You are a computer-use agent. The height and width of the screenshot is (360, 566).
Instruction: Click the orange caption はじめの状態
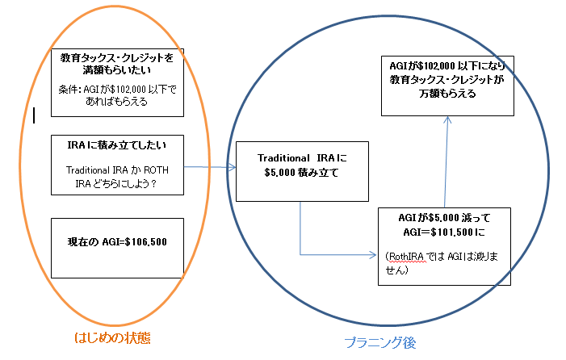(x=112, y=338)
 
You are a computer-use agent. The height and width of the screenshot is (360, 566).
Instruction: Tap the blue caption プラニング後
(x=380, y=342)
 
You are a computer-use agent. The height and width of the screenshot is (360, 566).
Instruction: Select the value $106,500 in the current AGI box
(x=146, y=241)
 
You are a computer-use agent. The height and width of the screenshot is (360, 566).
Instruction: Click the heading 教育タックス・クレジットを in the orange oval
(x=116, y=58)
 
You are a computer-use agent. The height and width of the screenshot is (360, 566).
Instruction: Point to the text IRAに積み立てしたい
(x=117, y=145)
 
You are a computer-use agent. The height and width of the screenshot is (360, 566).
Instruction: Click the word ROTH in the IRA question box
(x=156, y=170)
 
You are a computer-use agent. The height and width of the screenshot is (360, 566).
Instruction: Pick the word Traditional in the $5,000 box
(x=283, y=158)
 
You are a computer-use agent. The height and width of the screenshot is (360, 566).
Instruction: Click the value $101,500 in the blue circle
(x=451, y=232)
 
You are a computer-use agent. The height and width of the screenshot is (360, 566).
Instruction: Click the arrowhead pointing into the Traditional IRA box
(x=232, y=166)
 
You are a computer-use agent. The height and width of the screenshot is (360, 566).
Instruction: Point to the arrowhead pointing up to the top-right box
(x=447, y=120)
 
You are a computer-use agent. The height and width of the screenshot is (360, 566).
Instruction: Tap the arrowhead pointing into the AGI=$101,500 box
(x=372, y=255)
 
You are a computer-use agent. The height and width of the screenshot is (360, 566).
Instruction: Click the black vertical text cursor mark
(x=34, y=115)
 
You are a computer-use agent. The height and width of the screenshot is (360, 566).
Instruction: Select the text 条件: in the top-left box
(x=70, y=89)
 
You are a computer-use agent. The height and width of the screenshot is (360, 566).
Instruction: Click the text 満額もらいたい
(x=116, y=70)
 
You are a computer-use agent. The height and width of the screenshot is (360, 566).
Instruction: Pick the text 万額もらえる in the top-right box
(x=447, y=94)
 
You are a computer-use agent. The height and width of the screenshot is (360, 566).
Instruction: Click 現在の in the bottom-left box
(x=82, y=241)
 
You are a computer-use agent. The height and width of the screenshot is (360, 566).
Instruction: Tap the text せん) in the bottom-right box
(x=396, y=270)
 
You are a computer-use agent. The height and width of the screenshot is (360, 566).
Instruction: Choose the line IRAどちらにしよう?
(x=116, y=183)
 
